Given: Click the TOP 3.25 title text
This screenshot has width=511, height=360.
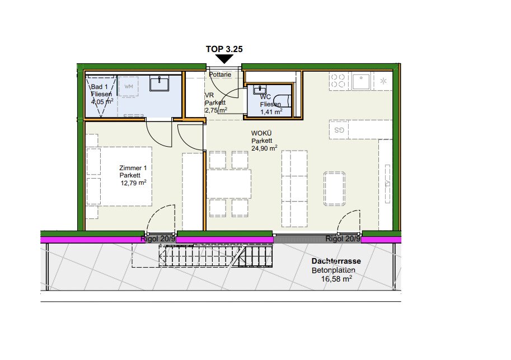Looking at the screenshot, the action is [224, 49].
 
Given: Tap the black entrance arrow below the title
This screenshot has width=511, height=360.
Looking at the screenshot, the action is [224, 59].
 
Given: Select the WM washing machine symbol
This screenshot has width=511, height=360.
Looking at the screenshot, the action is [129, 86].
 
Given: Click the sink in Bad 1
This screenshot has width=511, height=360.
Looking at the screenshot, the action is [160, 83].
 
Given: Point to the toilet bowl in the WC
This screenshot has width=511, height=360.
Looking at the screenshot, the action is [282, 100].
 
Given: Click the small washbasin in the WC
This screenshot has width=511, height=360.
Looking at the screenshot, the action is [260, 89].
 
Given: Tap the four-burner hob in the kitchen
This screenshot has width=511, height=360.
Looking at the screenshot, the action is [338, 81].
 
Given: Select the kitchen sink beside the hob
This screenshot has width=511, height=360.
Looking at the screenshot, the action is [361, 81].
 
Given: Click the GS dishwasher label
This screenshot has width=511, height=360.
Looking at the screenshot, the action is [339, 130].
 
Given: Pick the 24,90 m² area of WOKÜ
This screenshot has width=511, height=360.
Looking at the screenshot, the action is [264, 148].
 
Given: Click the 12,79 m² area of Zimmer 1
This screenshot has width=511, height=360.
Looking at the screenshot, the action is [134, 183].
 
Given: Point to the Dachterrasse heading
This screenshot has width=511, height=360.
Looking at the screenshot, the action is [336, 261].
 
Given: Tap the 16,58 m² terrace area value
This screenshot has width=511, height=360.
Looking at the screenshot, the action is [336, 279].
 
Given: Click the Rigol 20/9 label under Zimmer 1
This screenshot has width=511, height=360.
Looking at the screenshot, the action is [158, 239].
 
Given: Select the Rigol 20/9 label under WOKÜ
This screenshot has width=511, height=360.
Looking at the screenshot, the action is [343, 239].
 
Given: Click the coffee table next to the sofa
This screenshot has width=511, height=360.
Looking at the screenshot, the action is [334, 189].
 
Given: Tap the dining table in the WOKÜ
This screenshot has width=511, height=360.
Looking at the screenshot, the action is [229, 184].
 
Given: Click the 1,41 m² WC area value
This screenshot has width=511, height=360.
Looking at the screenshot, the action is [271, 112].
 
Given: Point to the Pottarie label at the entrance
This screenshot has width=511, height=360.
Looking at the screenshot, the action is [221, 74].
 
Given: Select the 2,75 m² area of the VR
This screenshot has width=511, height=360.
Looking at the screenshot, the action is [216, 110].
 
